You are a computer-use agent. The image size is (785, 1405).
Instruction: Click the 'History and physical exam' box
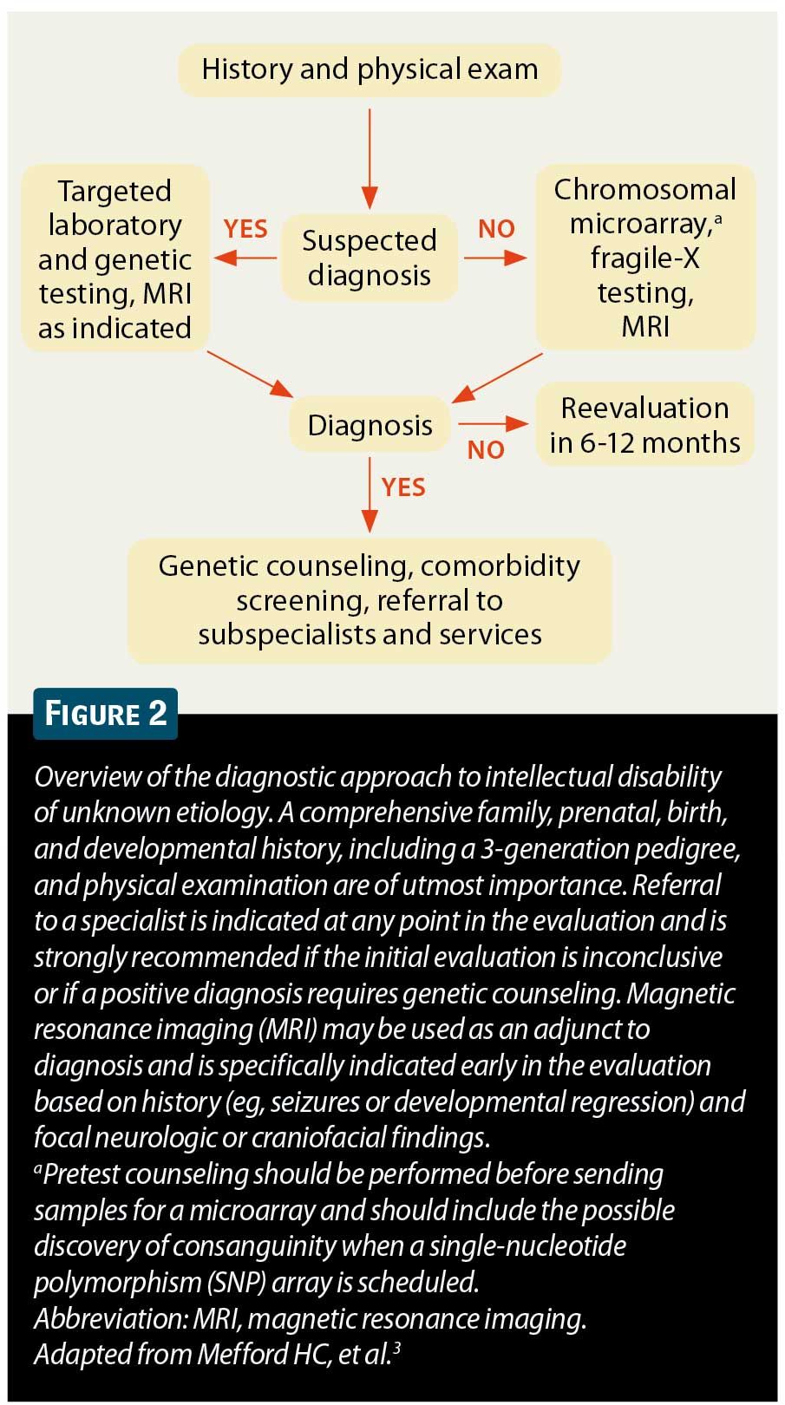tap(370, 69)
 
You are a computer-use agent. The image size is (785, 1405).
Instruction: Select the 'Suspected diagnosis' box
tap(370, 258)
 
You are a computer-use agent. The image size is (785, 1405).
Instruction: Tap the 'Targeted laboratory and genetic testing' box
tap(114, 258)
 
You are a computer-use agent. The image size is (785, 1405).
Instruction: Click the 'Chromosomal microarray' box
tap(644, 258)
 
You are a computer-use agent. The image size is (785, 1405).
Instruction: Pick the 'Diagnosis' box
tap(370, 425)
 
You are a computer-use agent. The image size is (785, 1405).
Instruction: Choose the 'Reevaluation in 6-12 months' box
tap(644, 425)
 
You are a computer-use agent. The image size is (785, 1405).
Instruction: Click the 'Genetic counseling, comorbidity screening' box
tap(370, 600)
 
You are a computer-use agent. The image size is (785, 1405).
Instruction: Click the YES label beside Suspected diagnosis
tap(245, 229)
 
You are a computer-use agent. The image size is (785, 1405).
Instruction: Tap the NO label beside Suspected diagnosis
tap(496, 229)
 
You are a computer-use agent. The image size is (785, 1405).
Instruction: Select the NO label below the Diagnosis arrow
tap(486, 449)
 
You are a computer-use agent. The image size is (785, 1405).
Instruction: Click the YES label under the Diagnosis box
tap(403, 487)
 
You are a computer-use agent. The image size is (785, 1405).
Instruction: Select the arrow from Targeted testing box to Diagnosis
tap(251, 374)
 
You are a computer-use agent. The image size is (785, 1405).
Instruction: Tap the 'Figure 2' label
tap(105, 714)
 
